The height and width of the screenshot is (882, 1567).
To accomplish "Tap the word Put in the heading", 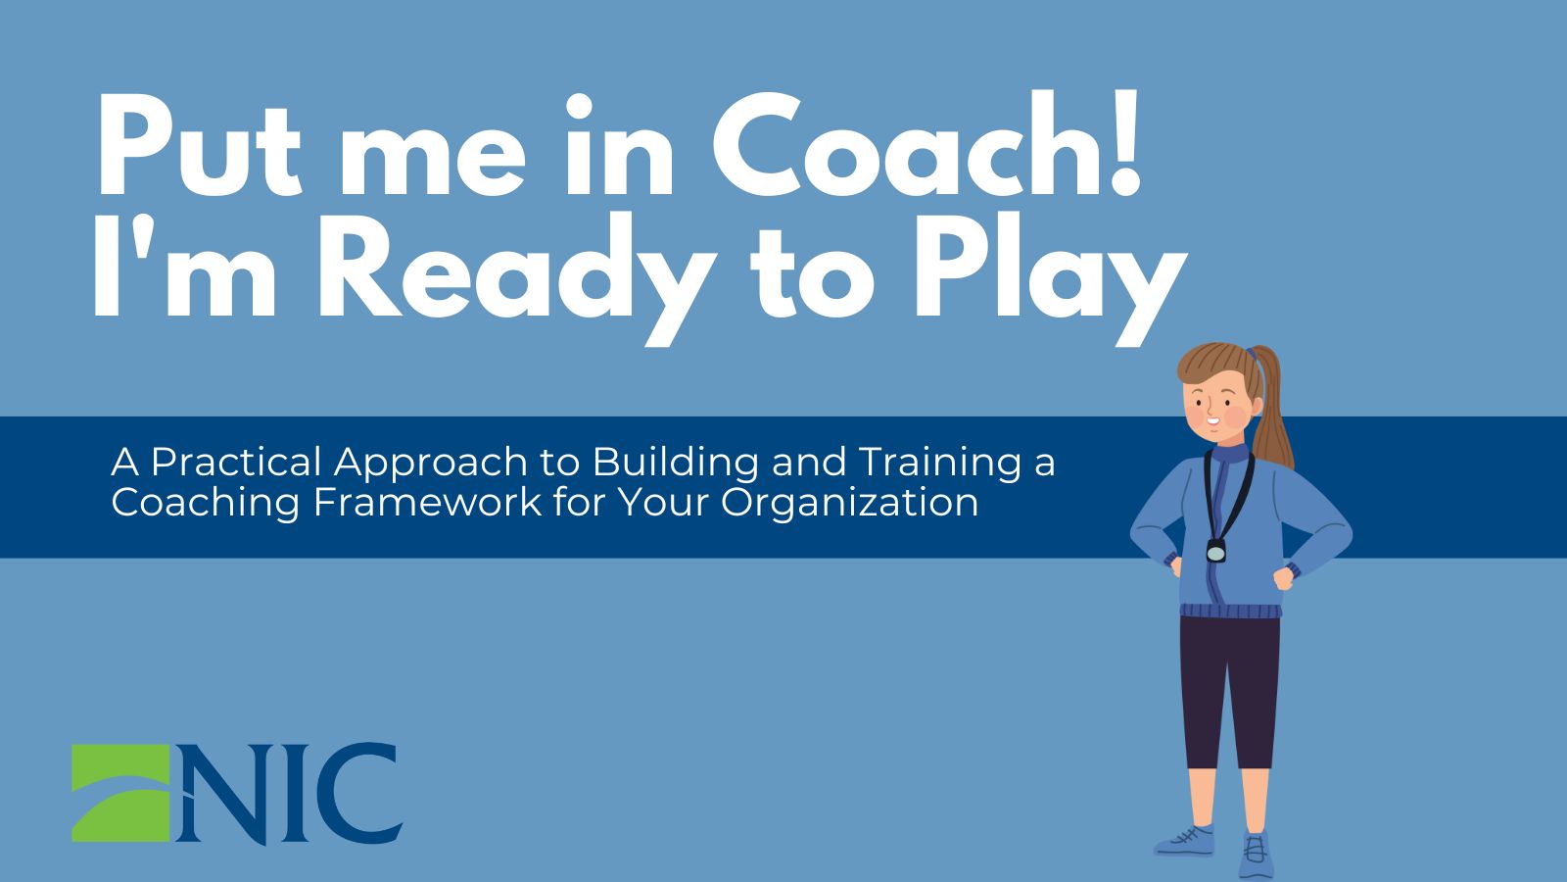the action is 200,145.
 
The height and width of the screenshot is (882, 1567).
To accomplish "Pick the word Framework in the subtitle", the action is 427,502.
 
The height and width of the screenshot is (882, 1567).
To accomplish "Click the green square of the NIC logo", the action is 121,793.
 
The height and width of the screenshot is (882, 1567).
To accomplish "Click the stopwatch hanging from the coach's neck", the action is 1216,552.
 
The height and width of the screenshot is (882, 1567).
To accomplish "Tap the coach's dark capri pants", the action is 1230,690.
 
